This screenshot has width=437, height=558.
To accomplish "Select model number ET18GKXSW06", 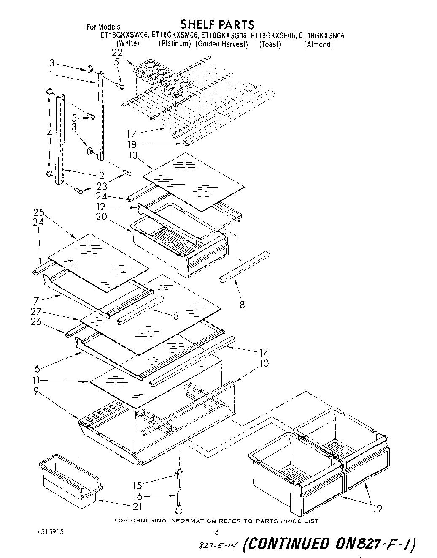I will coord(124,36).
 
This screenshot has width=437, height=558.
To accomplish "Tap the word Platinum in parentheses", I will coord(175,44).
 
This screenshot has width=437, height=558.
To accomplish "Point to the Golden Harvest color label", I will coord(221,44).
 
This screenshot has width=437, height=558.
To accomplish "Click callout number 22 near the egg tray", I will coord(117,53).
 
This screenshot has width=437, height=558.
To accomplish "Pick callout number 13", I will coord(133,155).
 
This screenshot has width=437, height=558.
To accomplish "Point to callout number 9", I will coord(37,392).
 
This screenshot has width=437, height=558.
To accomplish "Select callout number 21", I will coord(137,506).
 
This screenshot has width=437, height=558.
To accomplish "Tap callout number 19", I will coord(377,509).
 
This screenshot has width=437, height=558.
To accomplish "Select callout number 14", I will coord(264,353).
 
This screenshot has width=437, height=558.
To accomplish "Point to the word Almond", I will coord(318,44).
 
